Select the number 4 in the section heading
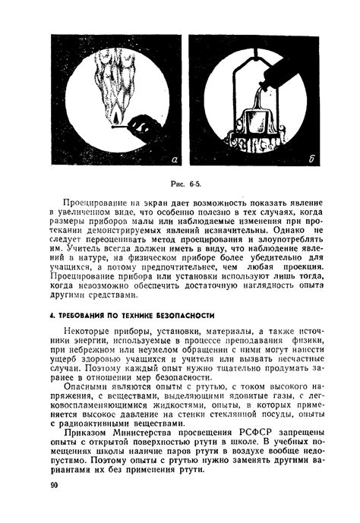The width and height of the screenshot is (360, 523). [49, 314]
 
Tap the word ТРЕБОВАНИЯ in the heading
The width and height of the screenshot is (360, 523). [79, 314]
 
